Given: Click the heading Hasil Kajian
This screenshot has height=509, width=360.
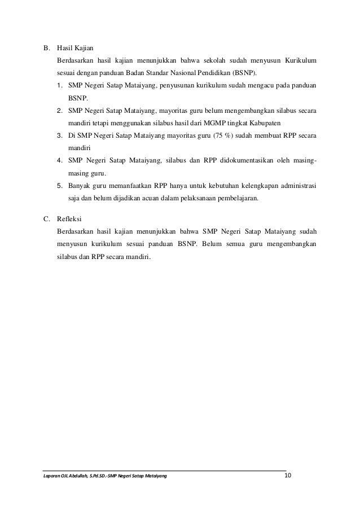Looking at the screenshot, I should click(76, 48).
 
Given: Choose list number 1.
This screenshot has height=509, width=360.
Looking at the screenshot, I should click(59, 86).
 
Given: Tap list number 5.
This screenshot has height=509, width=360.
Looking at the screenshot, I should click(59, 185).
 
